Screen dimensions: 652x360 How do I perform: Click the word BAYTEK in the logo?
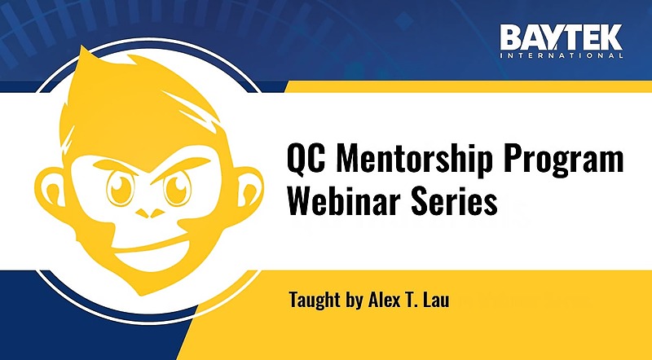[x=562, y=37]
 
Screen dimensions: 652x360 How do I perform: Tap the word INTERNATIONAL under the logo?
[x=562, y=55]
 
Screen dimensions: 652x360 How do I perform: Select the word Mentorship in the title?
[x=415, y=158]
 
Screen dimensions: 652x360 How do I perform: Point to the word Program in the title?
[x=564, y=160]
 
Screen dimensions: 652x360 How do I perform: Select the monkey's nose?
[x=150, y=213]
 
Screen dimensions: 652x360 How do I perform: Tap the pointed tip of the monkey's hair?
[x=83, y=47]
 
